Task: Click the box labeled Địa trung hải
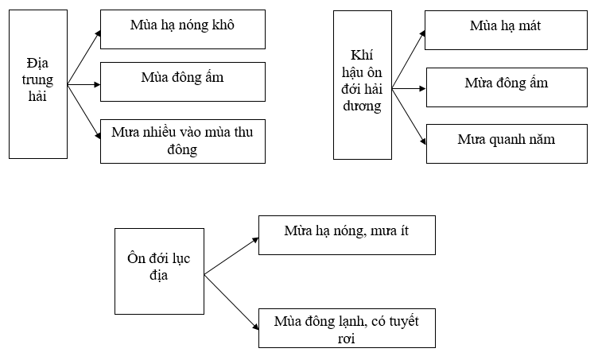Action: (38, 84)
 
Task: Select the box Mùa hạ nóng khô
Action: (183, 29)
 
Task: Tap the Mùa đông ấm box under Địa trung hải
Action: (183, 82)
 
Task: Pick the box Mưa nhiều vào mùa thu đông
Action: (183, 141)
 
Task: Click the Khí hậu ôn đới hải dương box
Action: (363, 85)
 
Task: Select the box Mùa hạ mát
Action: (506, 30)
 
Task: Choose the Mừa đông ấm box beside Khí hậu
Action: (507, 87)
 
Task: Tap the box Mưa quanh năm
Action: (507, 144)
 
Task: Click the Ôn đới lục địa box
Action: (159, 271)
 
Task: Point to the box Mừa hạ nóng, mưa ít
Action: (347, 235)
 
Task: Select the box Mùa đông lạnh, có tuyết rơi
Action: (347, 328)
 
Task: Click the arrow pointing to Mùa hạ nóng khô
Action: (84, 57)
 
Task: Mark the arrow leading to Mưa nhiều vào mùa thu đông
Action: (84, 111)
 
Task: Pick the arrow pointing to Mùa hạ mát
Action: (409, 60)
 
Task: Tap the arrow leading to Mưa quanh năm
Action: (409, 117)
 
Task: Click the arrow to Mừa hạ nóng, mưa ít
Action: (231, 256)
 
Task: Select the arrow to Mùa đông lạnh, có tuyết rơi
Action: (231, 302)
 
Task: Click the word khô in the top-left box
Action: (223, 25)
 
